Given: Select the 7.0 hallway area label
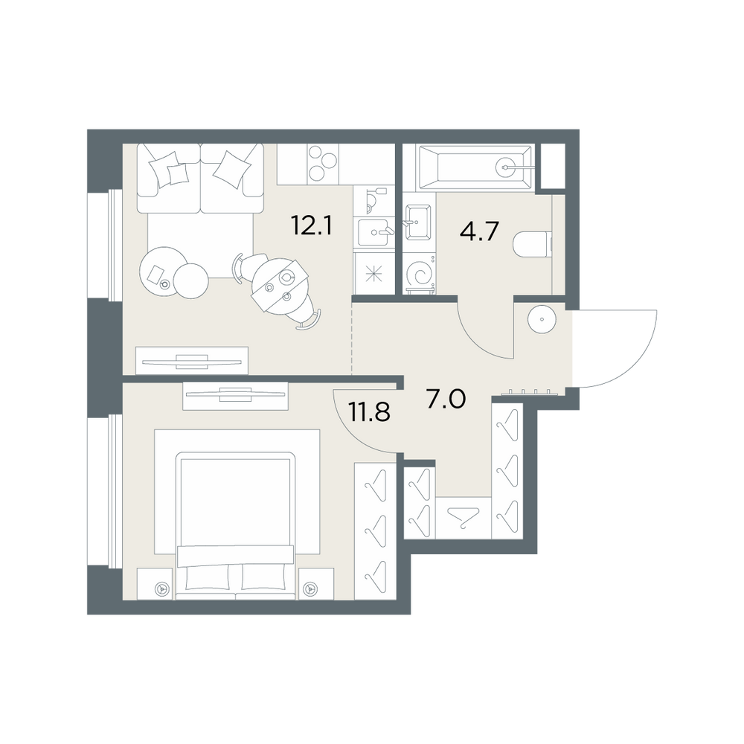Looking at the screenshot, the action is coord(446,399).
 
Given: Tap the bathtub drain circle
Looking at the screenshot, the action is coord(506,167).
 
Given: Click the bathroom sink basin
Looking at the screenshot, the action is coord(418,222).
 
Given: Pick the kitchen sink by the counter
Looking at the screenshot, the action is coord(376,232).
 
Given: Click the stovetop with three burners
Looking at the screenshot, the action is coord(323,164).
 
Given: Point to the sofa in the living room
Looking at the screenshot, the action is coord(200,178).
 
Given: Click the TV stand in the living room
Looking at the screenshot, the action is coord(192,361).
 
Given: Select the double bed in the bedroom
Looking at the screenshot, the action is coord(235,526).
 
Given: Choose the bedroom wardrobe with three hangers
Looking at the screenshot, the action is coord(375,530).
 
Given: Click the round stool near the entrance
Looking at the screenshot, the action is coord(542,319).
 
